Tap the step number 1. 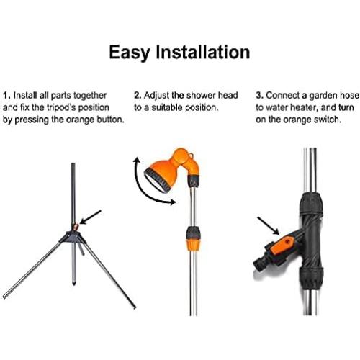(x=6, y=94)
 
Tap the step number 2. (x=137, y=94)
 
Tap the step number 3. (x=260, y=94)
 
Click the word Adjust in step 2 (x=158, y=94)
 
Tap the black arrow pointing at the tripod (x=92, y=217)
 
